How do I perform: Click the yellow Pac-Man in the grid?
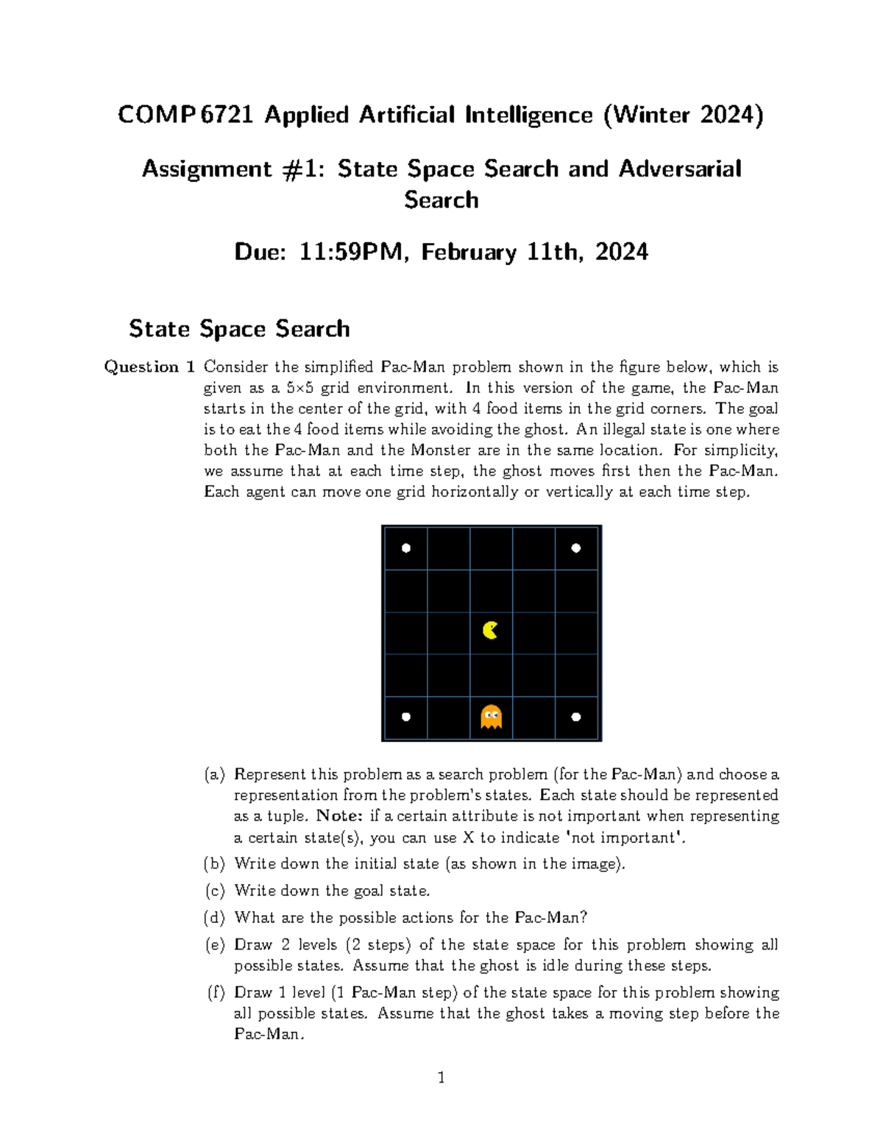pyautogui.click(x=490, y=630)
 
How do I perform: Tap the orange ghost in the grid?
pyautogui.click(x=491, y=716)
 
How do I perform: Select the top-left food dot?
pyautogui.click(x=405, y=548)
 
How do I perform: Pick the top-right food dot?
pyautogui.click(x=576, y=548)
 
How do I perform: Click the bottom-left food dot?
pyautogui.click(x=405, y=716)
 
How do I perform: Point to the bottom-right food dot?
pyautogui.click(x=576, y=716)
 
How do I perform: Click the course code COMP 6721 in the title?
pyautogui.click(x=185, y=115)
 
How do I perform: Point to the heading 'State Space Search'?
pyautogui.click(x=239, y=328)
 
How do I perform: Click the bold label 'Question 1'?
pyautogui.click(x=149, y=367)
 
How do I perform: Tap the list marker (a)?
pyautogui.click(x=214, y=774)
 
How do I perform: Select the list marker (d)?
pyautogui.click(x=214, y=918)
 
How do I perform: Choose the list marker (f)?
pyautogui.click(x=215, y=992)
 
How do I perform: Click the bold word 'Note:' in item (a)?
pyautogui.click(x=339, y=816)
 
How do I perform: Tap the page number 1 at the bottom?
pyautogui.click(x=441, y=1077)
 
